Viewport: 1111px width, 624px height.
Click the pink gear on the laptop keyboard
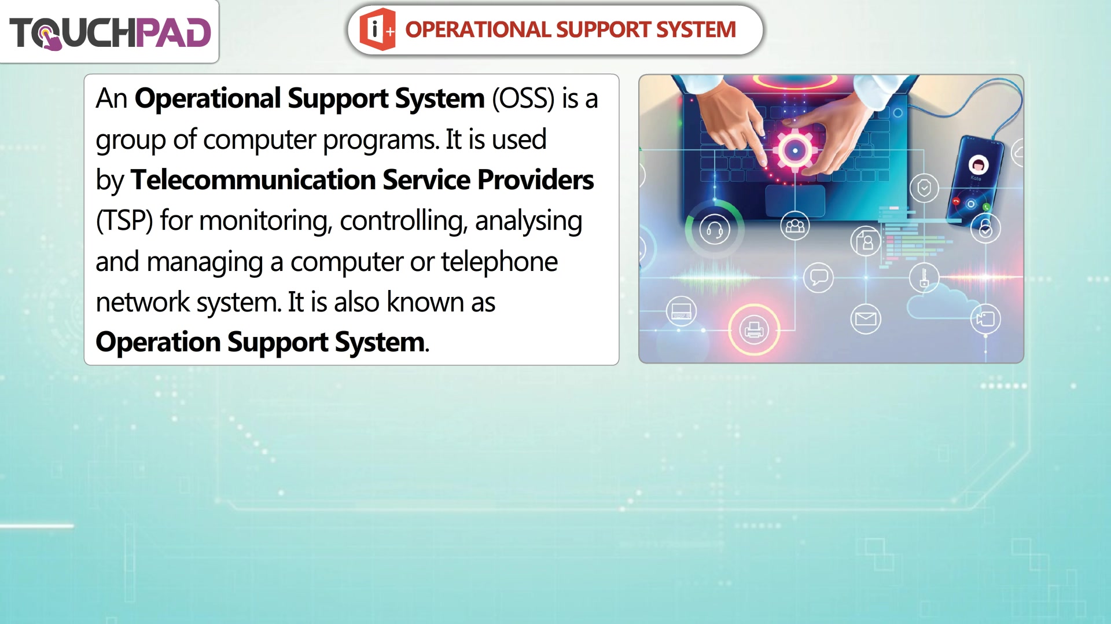794,150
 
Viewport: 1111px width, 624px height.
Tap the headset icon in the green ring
715,230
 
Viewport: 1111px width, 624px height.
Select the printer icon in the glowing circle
753,329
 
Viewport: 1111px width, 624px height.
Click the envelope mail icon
866,319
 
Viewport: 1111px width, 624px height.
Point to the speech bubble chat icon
818,277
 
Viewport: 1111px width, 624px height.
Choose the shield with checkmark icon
924,188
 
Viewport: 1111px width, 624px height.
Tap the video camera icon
985,319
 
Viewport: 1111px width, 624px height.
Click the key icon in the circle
924,277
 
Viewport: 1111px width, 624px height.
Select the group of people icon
795,226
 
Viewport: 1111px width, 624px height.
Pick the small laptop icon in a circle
681,311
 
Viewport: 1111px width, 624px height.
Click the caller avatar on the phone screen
978,164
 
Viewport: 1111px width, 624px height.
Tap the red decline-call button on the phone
957,201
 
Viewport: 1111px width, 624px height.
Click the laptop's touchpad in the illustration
795,200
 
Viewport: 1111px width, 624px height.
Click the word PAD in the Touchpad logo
173,33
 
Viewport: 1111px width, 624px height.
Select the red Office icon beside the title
377,29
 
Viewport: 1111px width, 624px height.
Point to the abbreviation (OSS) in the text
523,99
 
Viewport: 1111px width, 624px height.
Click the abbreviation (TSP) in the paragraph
124,221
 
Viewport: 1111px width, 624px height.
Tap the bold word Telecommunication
253,180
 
